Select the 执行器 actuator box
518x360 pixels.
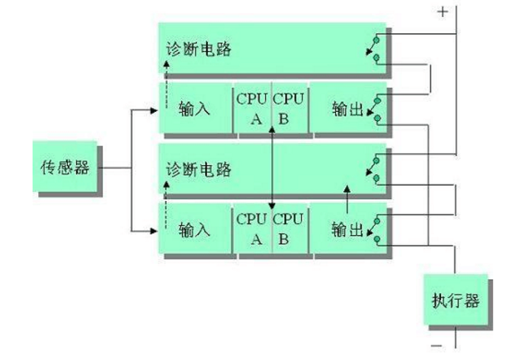tap(455, 299)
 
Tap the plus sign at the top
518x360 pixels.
tap(443, 11)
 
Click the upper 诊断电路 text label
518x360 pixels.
tap(198, 50)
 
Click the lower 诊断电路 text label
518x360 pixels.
tap(198, 169)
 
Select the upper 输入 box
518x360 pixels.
tap(194, 108)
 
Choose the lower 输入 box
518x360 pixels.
tap(194, 228)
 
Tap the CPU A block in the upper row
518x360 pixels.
tap(251, 108)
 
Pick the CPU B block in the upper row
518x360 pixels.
tap(289, 108)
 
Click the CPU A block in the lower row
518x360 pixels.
tap(251, 228)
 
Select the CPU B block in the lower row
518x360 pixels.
tap(289, 228)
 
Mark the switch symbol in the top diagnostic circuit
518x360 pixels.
tap(374, 46)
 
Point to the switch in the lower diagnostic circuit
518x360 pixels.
tap(374, 169)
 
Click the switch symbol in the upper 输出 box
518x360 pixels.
tap(374, 108)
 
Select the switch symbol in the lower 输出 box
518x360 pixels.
tap(374, 228)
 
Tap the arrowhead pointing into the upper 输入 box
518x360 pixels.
tap(154, 108)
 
